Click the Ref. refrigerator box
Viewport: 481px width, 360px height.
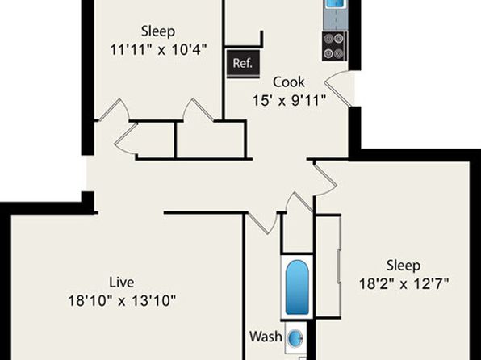pos(243,64)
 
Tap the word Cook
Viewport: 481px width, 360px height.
pos(289,82)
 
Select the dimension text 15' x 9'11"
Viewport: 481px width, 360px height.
pos(289,100)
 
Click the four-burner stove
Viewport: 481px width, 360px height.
pos(334,46)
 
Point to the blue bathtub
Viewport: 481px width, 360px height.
pos(297,287)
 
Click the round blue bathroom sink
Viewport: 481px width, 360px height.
pos(295,338)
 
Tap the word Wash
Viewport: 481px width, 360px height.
pos(266,337)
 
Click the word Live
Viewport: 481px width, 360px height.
pos(122,283)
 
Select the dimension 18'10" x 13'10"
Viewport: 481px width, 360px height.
pos(122,301)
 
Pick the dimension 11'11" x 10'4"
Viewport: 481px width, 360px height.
pos(158,49)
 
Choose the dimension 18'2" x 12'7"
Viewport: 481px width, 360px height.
pos(404,283)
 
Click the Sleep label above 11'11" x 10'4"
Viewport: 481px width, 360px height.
pos(158,31)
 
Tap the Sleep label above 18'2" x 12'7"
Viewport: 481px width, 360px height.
pos(404,266)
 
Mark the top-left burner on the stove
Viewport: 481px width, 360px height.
pos(328,39)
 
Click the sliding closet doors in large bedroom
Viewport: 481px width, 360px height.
pos(339,266)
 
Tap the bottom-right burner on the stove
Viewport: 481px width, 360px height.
pos(338,54)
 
